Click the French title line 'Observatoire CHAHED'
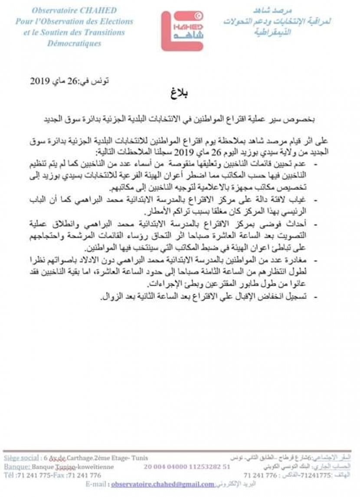(x=74, y=10)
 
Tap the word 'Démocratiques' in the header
(x=74, y=43)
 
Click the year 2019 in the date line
(x=41, y=81)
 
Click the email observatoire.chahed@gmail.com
(x=163, y=484)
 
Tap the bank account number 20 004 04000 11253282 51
(x=187, y=467)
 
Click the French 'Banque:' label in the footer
(x=16, y=467)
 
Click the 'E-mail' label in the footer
(x=96, y=484)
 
